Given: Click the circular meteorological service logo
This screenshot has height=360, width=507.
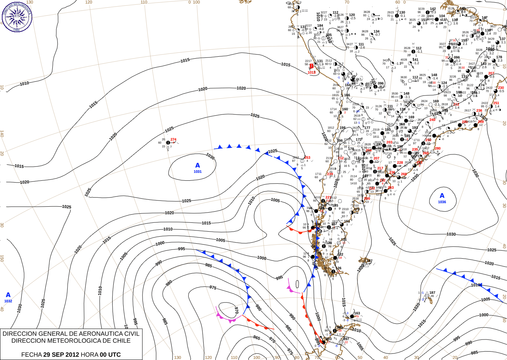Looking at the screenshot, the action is coord(17,17).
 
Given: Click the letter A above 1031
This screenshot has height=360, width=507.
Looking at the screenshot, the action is coord(198,166).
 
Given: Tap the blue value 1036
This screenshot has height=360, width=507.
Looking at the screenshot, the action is coord(442,202).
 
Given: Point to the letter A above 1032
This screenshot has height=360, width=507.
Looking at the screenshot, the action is coord(8,295).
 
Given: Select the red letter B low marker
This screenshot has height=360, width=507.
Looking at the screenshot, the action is coord(311,66).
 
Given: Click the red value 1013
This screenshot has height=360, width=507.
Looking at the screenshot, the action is coord(311,72).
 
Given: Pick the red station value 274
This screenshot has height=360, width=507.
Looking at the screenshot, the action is coord(173,139).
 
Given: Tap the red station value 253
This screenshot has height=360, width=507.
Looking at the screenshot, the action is coord(307,158).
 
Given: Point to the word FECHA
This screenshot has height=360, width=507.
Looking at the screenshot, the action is coord(31,355).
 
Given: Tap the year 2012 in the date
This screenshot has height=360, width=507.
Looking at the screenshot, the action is coord(72,355).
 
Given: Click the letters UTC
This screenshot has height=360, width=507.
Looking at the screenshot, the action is coord(114,355).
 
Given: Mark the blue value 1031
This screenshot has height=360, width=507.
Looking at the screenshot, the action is coord(198,172).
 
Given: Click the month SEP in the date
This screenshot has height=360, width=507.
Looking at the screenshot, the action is coord(58,355).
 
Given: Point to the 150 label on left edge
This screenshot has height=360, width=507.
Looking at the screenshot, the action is coord(2,258).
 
